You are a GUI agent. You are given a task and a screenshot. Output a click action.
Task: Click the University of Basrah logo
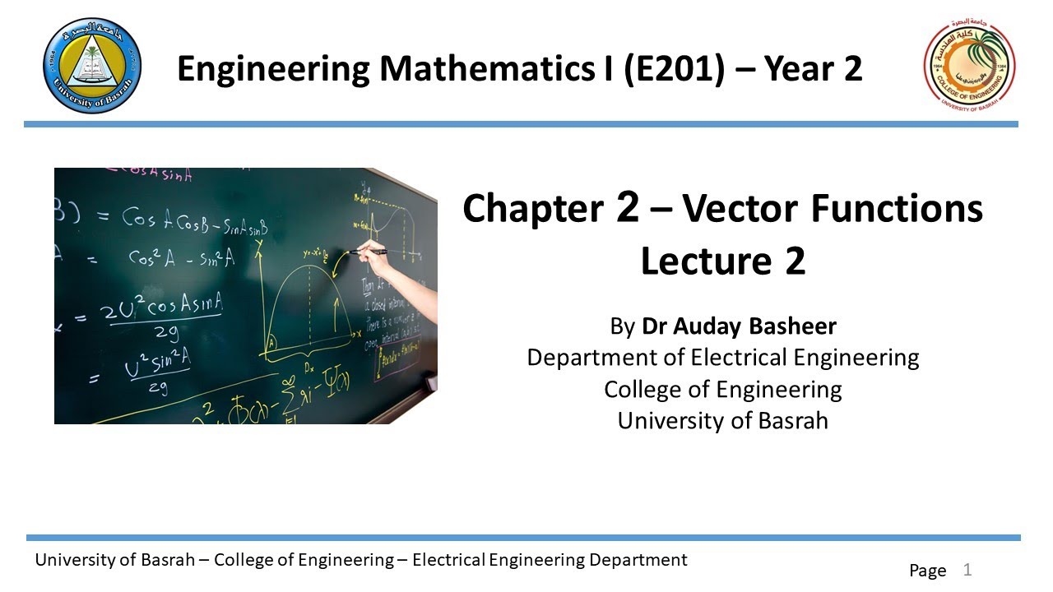click(x=91, y=66)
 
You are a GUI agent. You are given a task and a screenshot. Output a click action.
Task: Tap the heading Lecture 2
click(x=722, y=261)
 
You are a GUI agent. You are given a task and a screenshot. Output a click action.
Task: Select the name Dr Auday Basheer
click(x=739, y=326)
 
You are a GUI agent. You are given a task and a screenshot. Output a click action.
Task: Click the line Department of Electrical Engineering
click(x=722, y=358)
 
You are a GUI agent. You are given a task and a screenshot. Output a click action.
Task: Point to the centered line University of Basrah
click(x=722, y=420)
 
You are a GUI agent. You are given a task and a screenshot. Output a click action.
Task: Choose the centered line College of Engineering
click(x=722, y=389)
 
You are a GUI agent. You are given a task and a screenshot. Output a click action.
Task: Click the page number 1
click(x=967, y=569)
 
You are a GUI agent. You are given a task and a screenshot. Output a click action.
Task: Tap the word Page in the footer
click(x=927, y=570)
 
